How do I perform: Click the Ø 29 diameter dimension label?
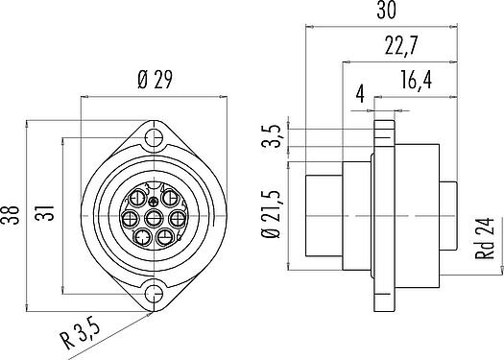coord(155,79)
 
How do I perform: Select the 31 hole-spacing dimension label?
coord(45,212)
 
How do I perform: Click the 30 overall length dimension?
coord(387,10)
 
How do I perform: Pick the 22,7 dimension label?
coord(401,45)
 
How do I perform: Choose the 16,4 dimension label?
coord(416,80)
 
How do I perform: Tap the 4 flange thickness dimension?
coord(361,94)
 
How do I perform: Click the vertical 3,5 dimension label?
coord(271,135)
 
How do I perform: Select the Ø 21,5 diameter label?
coord(271,214)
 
